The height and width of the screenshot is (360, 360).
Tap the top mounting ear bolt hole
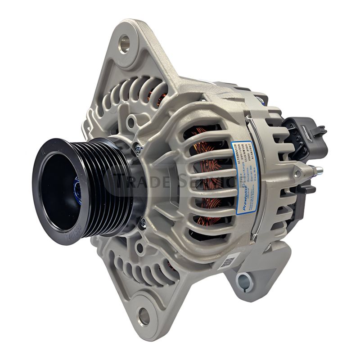(x=124, y=44)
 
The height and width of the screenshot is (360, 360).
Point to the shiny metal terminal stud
(x=317, y=170)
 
